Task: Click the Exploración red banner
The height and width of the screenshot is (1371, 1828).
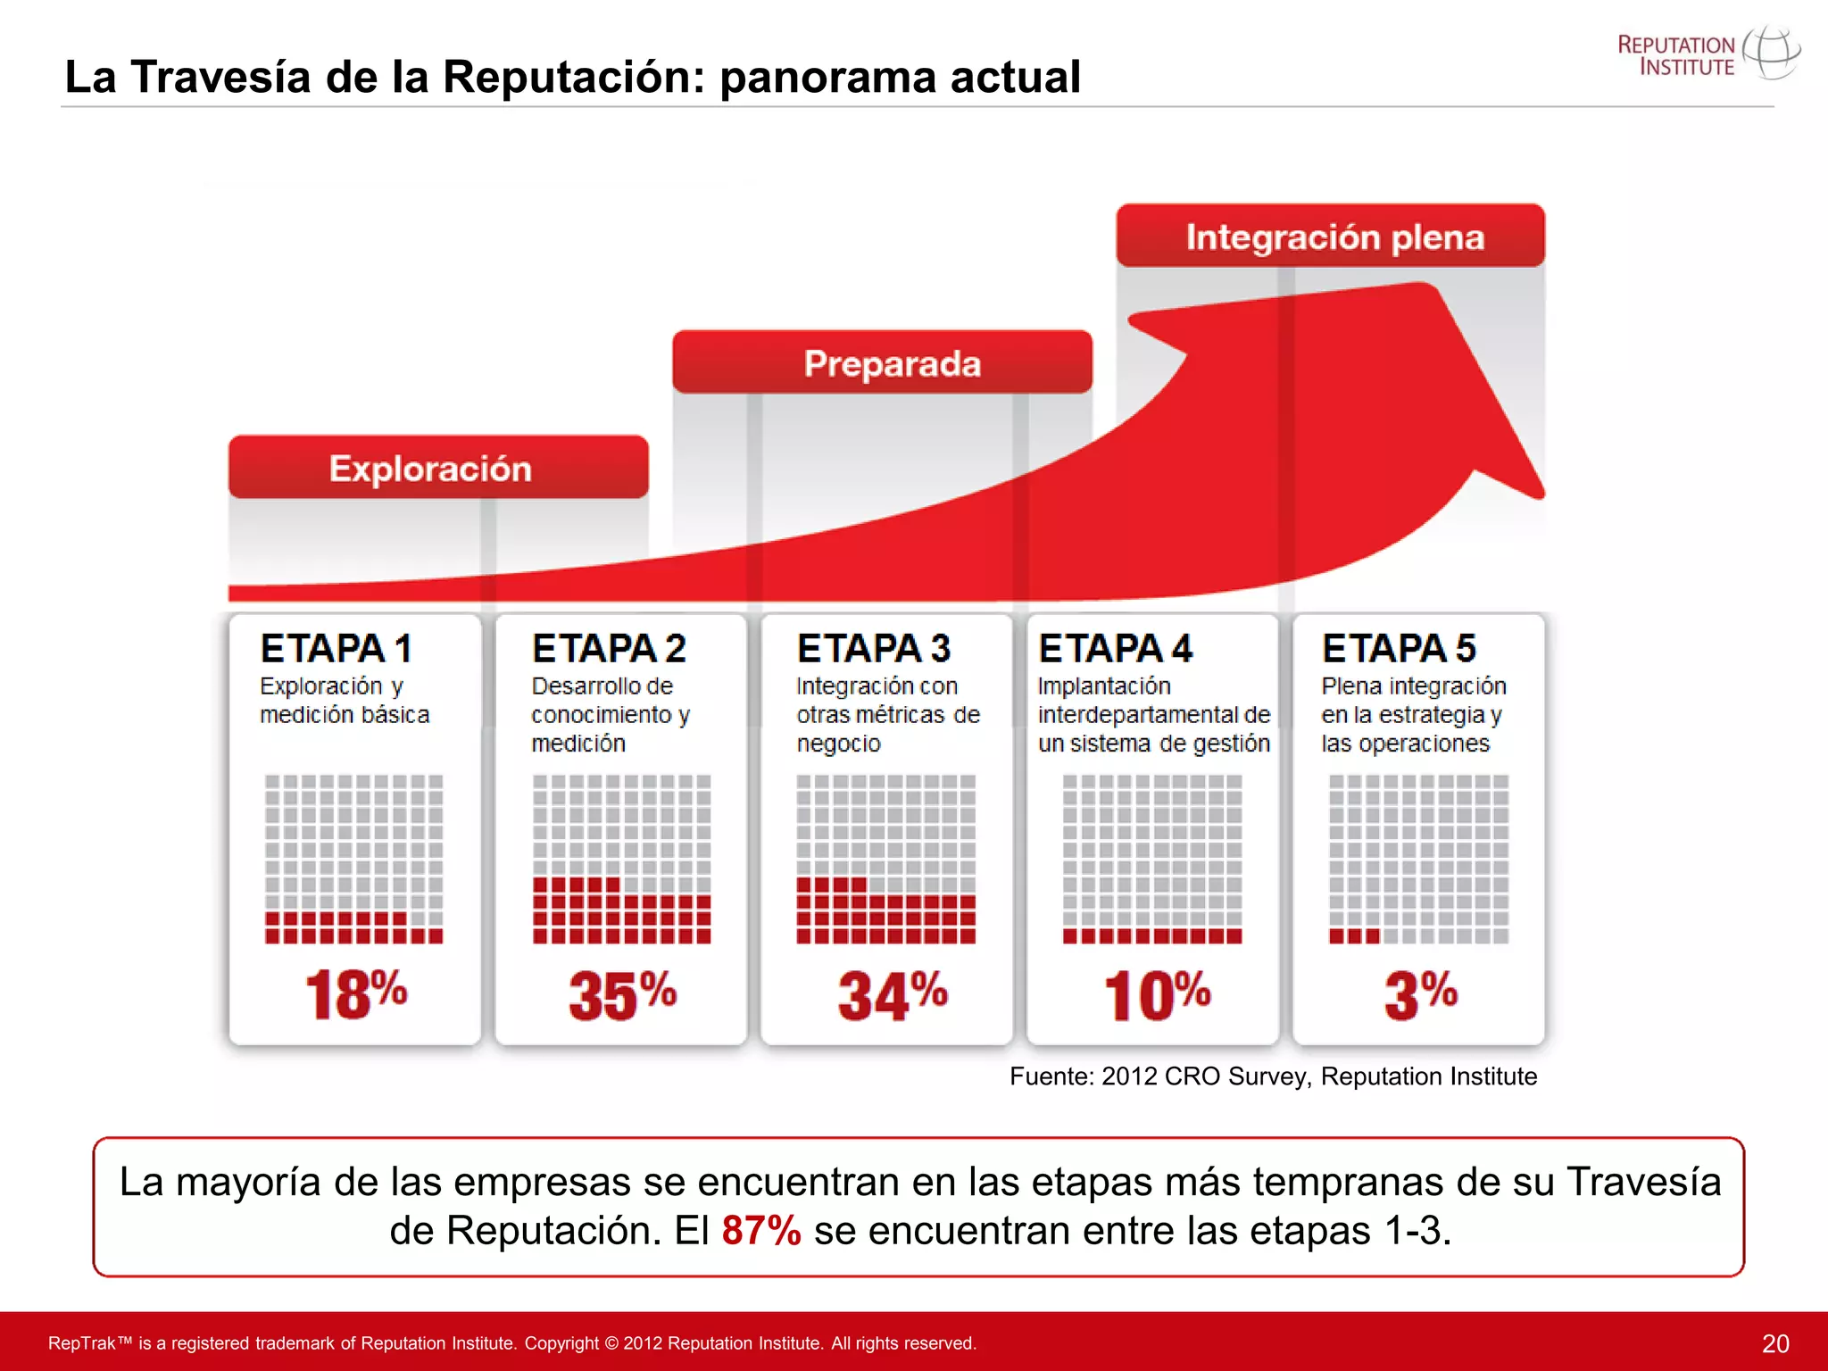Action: (437, 467)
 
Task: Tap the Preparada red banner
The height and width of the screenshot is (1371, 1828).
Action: (882, 362)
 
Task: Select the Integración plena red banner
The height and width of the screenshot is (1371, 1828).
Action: (1330, 236)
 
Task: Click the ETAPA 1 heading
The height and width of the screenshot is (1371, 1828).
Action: (336, 648)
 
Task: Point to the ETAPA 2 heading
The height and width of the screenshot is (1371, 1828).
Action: (608, 648)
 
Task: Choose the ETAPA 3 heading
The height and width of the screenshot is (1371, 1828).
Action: (873, 648)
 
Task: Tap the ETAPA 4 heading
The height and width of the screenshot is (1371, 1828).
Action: (1115, 648)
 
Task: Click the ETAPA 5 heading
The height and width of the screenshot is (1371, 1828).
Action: (1399, 648)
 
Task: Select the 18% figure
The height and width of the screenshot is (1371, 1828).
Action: (355, 994)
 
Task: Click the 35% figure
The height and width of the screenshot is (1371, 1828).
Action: (622, 994)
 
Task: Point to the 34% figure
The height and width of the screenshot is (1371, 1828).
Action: (892, 994)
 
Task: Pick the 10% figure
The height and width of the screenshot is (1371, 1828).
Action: (1157, 994)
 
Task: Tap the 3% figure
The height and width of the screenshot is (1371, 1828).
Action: (1420, 994)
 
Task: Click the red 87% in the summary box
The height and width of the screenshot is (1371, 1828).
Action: (760, 1230)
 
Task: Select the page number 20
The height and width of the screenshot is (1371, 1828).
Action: (1774, 1343)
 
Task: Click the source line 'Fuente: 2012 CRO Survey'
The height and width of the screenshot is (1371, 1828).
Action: (1273, 1076)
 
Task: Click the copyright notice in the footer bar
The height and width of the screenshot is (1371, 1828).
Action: (512, 1343)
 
